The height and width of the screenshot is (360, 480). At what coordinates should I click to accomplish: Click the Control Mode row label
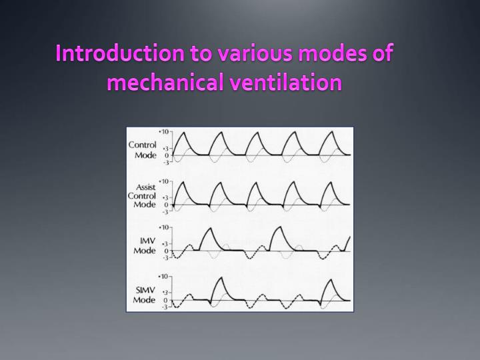click(143, 150)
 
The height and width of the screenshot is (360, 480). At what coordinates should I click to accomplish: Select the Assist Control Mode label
click(143, 196)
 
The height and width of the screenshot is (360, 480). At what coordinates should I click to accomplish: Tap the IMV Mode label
click(145, 246)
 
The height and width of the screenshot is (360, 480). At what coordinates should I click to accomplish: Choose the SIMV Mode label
click(144, 295)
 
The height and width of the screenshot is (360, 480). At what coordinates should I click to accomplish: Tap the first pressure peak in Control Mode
click(183, 132)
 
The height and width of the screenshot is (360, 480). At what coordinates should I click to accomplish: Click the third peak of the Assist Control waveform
click(255, 181)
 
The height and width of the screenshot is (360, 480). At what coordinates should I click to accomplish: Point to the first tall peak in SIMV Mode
click(221, 277)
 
